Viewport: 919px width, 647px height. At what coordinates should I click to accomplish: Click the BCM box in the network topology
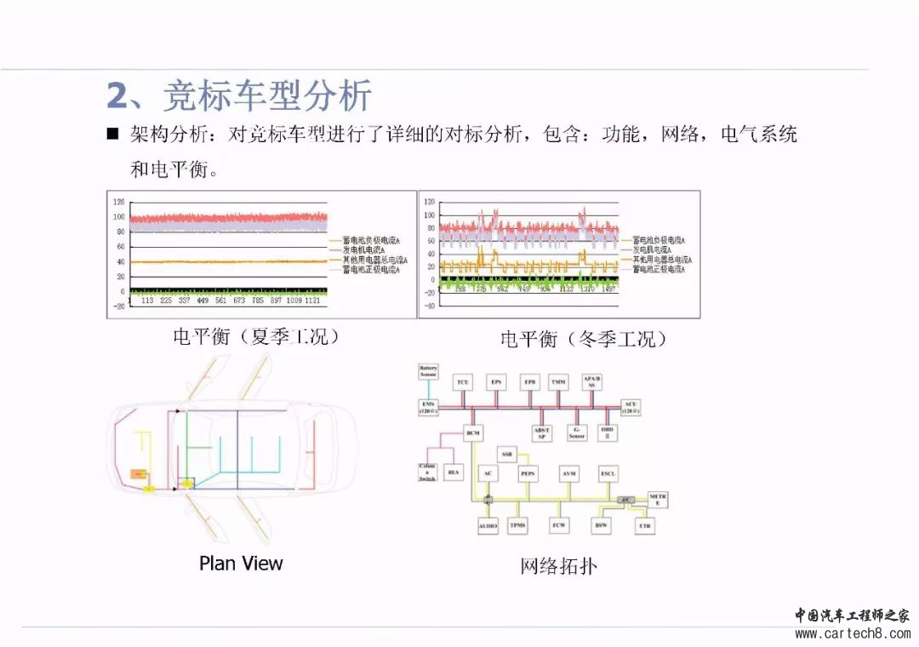tap(473, 432)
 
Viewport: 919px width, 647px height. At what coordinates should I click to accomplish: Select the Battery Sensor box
tap(428, 372)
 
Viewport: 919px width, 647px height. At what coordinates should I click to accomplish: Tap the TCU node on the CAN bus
tap(463, 382)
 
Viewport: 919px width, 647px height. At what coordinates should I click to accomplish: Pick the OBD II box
tap(606, 432)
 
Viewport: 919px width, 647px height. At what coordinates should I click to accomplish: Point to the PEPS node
tap(528, 473)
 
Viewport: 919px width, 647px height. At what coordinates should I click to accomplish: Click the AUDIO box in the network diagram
tap(487, 526)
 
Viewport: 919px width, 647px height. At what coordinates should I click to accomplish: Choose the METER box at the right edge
tap(657, 500)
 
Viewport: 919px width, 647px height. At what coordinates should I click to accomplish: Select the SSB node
tap(507, 453)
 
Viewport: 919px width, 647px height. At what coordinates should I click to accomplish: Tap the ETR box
tap(644, 526)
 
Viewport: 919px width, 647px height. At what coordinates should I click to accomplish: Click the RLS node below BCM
tap(454, 472)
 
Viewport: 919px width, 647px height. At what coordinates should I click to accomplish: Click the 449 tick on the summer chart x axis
tap(203, 301)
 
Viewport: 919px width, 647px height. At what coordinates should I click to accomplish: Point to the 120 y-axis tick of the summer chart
tap(119, 202)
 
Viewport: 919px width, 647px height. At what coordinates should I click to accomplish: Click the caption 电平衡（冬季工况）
tap(584, 340)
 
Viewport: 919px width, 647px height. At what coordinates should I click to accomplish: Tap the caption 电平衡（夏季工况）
tap(256, 336)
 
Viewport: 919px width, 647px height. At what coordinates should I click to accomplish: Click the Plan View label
tap(241, 563)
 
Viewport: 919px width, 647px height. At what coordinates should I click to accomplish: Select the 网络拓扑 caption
tap(558, 565)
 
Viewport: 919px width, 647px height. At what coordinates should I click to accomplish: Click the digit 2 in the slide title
tap(117, 96)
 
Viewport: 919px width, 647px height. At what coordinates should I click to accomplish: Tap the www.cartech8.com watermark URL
tap(851, 633)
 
